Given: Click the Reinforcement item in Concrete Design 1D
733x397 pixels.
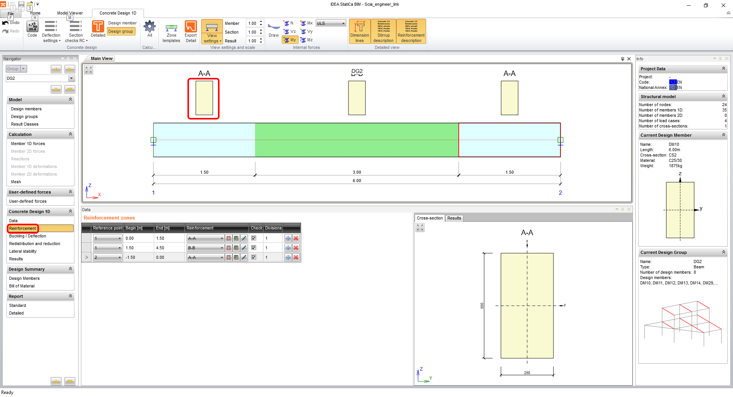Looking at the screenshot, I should (23, 228).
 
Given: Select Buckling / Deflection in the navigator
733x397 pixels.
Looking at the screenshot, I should (27, 236).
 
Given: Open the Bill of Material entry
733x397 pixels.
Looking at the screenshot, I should (22, 286).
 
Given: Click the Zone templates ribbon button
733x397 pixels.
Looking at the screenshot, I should (171, 32).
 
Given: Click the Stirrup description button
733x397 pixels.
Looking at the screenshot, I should (383, 32).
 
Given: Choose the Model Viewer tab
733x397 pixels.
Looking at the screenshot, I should (70, 13).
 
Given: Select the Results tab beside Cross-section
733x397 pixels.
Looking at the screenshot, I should (454, 218).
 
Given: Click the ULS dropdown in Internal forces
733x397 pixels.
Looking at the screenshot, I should (331, 23).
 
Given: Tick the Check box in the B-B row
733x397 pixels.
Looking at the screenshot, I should (253, 248).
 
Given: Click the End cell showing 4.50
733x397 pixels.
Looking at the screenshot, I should (160, 248).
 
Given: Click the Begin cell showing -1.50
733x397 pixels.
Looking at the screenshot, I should (131, 257).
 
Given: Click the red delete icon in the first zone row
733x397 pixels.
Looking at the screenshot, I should (296, 238).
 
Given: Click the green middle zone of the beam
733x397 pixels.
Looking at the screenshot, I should (357, 140).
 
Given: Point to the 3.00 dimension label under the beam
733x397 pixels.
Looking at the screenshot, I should (357, 172).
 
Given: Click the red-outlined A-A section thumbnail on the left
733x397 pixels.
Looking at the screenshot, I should (204, 98).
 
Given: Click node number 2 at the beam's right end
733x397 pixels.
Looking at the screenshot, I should (560, 193).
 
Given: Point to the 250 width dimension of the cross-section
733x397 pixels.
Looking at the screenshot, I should (527, 373).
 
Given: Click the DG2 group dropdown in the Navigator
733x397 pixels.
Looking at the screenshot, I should (40, 78).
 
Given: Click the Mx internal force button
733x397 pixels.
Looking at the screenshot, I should (307, 23).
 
